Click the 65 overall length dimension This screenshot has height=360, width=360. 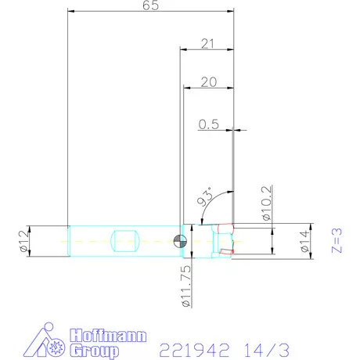tap(151, 6)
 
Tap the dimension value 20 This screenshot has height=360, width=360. tap(208, 81)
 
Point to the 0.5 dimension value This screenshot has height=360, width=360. tap(208, 124)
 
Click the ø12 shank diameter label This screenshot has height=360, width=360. tap(23, 239)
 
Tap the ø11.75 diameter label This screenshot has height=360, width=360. tap(185, 283)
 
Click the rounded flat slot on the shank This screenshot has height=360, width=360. tap(125, 239)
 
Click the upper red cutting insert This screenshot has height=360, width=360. tap(225, 229)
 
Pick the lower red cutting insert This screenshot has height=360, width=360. tap(225, 251)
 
